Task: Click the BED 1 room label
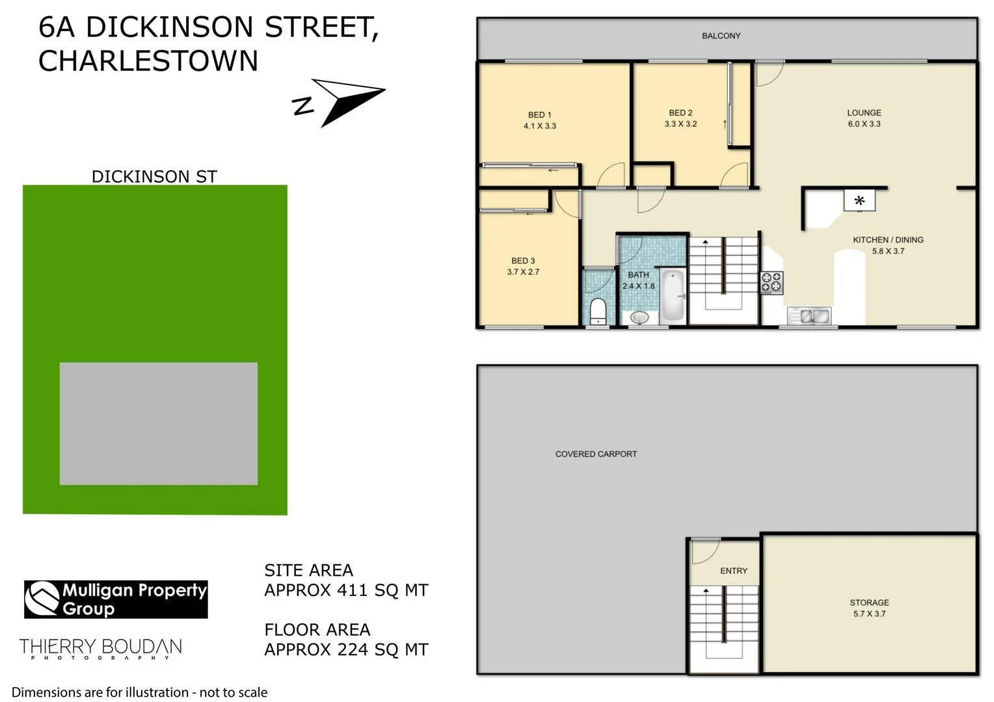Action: pyautogui.click(x=539, y=115)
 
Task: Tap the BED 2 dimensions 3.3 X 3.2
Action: pyautogui.click(x=680, y=124)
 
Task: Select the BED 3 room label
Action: pyautogui.click(x=523, y=261)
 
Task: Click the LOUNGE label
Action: pyautogui.click(x=864, y=112)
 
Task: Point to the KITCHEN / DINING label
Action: pyautogui.click(x=888, y=240)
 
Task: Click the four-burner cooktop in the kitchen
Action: pyautogui.click(x=772, y=282)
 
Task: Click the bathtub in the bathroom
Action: pyautogui.click(x=673, y=296)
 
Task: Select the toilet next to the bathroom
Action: pyautogui.click(x=598, y=311)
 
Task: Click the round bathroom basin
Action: pyautogui.click(x=639, y=317)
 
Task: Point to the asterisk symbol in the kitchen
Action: pyautogui.click(x=859, y=201)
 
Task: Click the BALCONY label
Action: pyautogui.click(x=721, y=36)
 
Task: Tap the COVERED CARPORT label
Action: pyautogui.click(x=596, y=454)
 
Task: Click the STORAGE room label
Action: pyautogui.click(x=869, y=603)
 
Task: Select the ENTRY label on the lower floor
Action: pyautogui.click(x=734, y=571)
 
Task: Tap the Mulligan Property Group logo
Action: pyautogui.click(x=116, y=599)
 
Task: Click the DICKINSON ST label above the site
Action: pyautogui.click(x=154, y=177)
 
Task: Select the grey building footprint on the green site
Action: pyautogui.click(x=158, y=423)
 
